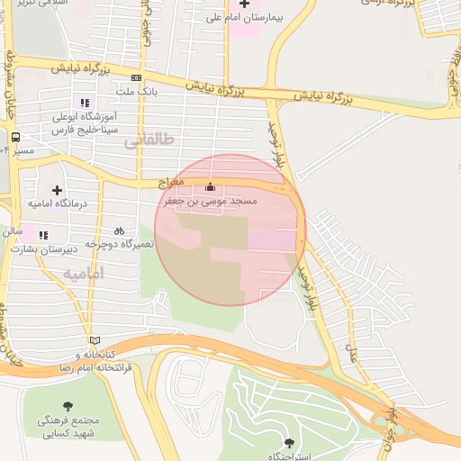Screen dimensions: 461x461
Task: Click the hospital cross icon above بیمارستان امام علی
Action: pyautogui.click(x=243, y=5)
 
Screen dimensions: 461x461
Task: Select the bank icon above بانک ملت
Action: pyautogui.click(x=136, y=78)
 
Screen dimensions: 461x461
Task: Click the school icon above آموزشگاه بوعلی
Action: pyautogui.click(x=86, y=103)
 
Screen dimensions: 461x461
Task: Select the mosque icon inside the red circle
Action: pyautogui.click(x=211, y=187)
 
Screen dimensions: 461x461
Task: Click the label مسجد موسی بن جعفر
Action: pyautogui.click(x=211, y=202)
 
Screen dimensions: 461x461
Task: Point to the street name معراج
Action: pyautogui.click(x=170, y=183)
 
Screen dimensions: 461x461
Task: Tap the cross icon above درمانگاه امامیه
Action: pyautogui.click(x=58, y=190)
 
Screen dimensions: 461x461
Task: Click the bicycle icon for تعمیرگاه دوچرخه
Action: pyautogui.click(x=120, y=230)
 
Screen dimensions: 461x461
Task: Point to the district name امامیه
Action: pyautogui.click(x=85, y=273)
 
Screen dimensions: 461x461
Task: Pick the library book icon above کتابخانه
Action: pyautogui.click(x=95, y=340)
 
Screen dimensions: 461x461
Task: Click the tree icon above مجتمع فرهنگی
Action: pyautogui.click(x=68, y=406)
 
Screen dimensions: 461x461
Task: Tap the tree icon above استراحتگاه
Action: pyautogui.click(x=288, y=443)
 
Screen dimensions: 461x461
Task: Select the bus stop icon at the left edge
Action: pyautogui.click(x=15, y=138)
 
